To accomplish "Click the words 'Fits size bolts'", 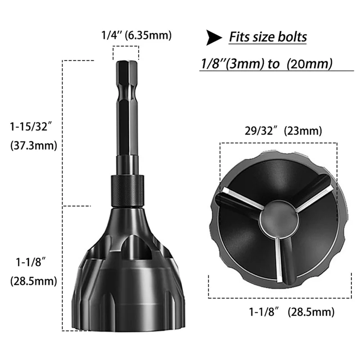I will click(x=268, y=36).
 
